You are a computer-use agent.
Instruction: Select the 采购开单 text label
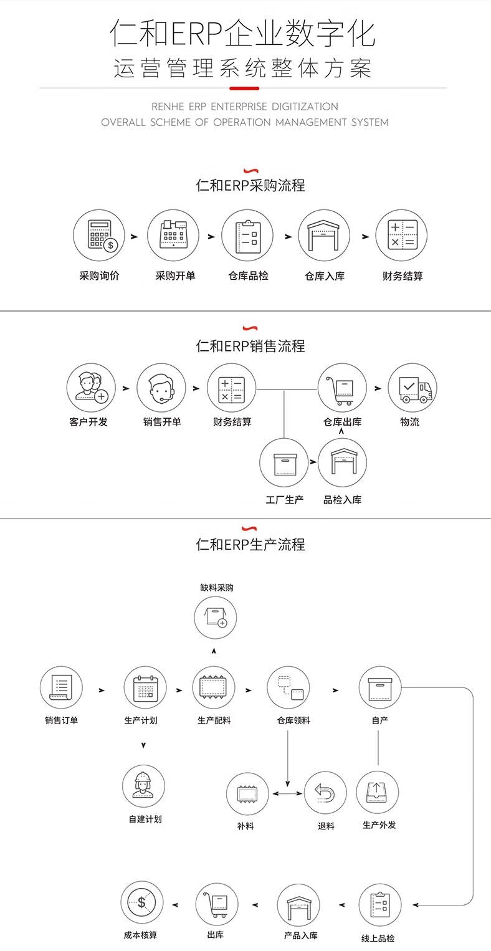tap(175, 276)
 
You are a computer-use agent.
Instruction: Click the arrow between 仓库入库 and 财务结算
tap(365, 236)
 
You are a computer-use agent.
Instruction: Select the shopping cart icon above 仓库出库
tap(342, 388)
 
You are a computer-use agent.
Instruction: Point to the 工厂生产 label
tap(284, 500)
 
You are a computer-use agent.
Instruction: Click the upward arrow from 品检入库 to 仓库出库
tap(341, 431)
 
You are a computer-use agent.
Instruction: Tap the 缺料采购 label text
tap(217, 588)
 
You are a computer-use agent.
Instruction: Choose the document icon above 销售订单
tap(61, 687)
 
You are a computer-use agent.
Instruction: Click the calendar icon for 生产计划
tap(145, 687)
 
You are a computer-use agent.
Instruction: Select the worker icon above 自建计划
tap(143, 786)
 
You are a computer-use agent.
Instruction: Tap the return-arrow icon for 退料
tap(325, 793)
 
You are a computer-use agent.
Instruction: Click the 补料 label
tap(245, 826)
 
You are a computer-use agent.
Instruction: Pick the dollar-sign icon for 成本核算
tap(141, 902)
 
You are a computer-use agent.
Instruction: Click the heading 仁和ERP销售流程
tap(250, 346)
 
